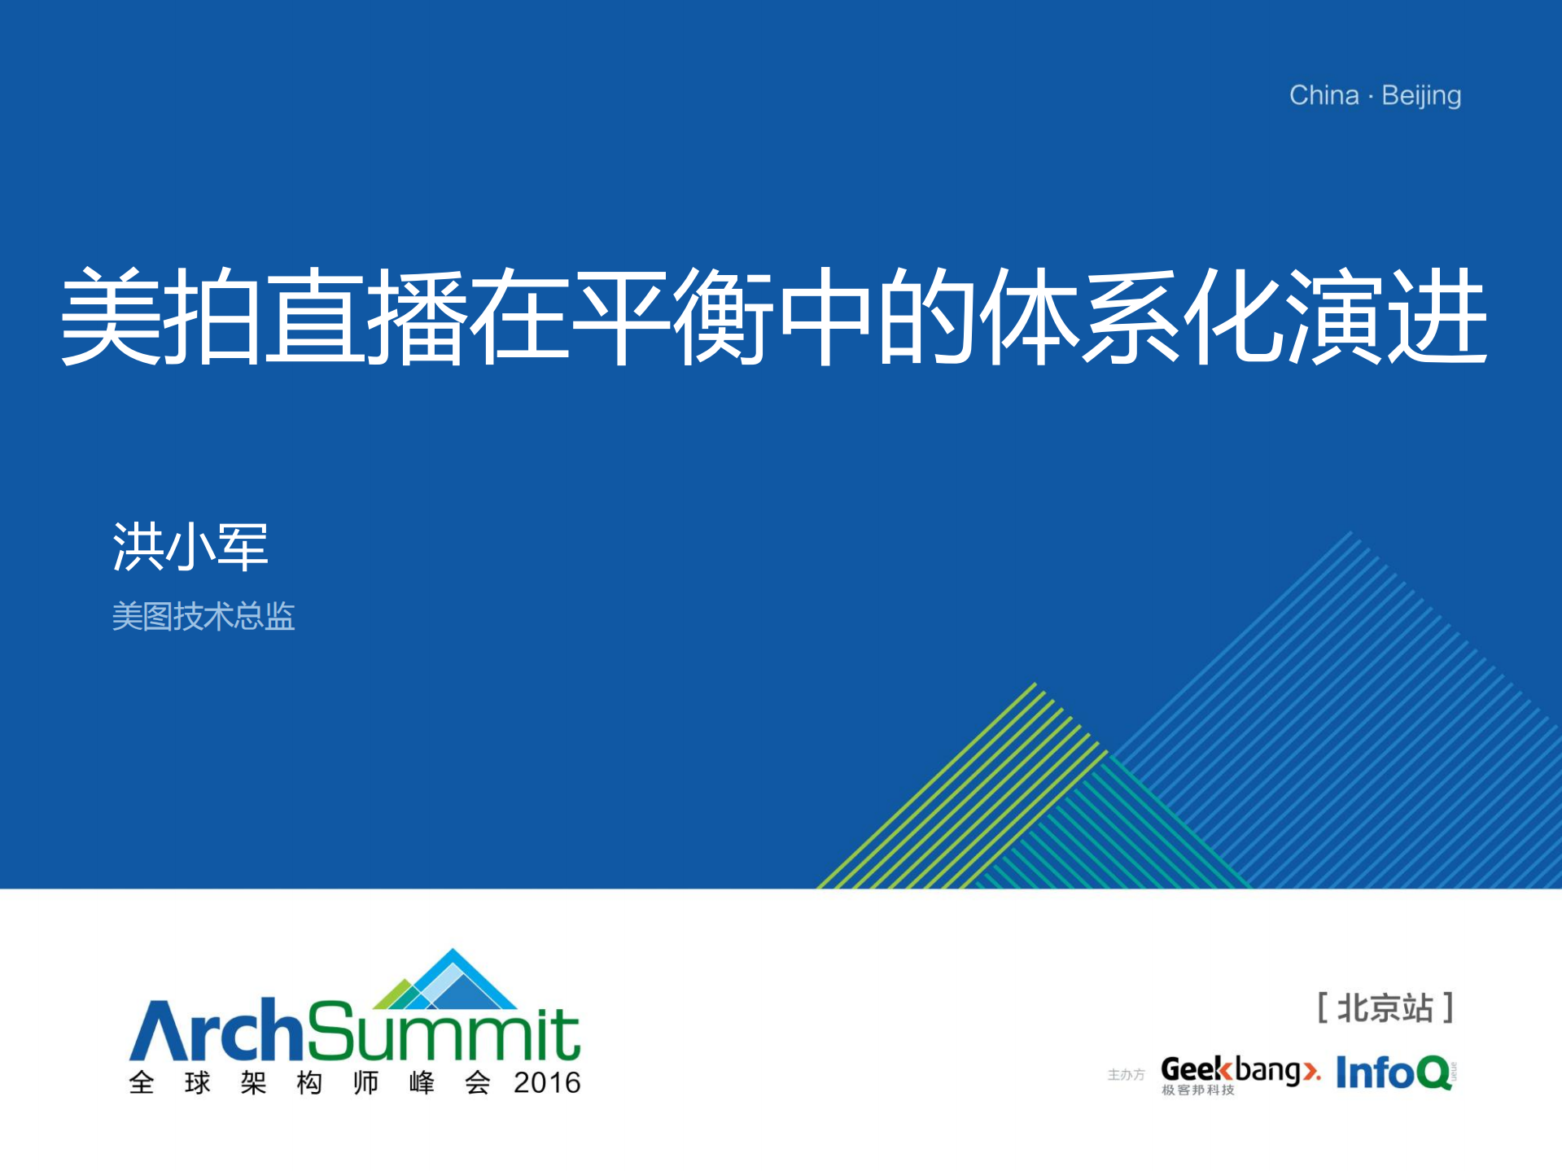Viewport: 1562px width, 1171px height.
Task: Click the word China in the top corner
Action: coord(1324,95)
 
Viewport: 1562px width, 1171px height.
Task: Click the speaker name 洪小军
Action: coord(190,546)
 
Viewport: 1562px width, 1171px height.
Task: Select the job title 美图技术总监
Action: coord(203,616)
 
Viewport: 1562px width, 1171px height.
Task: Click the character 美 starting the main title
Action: coord(111,316)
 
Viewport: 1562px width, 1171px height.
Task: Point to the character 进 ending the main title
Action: coord(1439,316)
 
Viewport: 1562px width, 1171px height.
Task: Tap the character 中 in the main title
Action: coord(826,316)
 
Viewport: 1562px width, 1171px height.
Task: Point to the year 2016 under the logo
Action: coord(547,1083)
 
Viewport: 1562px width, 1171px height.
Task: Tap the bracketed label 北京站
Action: coord(1385,1008)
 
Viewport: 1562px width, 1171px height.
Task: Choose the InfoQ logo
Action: coord(1395,1073)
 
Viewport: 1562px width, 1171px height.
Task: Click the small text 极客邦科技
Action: coord(1198,1090)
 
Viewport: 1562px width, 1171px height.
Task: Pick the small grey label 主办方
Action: coord(1127,1075)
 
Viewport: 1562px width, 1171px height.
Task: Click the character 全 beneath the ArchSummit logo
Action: coord(142,1083)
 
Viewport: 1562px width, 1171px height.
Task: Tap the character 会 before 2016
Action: coord(478,1083)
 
